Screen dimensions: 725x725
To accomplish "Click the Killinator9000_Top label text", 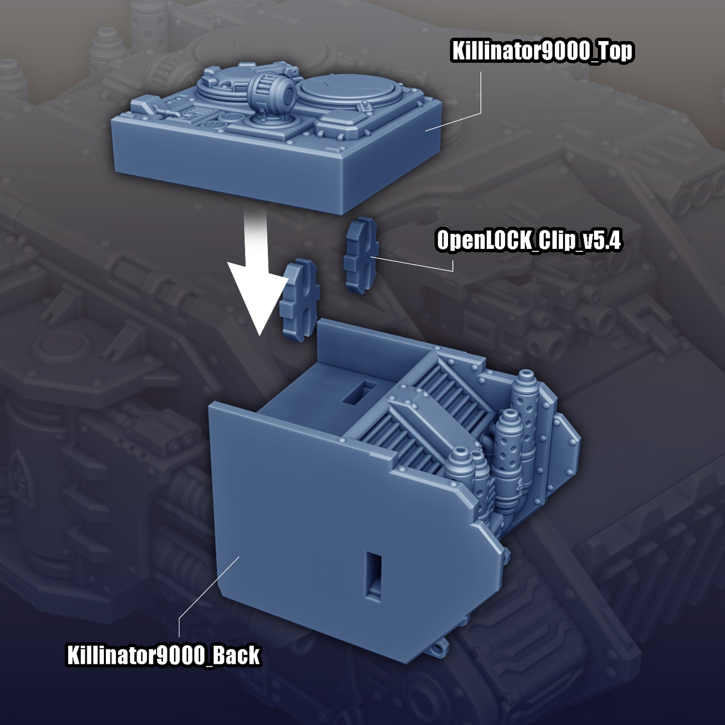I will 542,52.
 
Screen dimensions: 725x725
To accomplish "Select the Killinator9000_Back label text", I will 163,656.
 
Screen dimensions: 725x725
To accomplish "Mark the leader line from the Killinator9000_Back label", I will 201,592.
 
